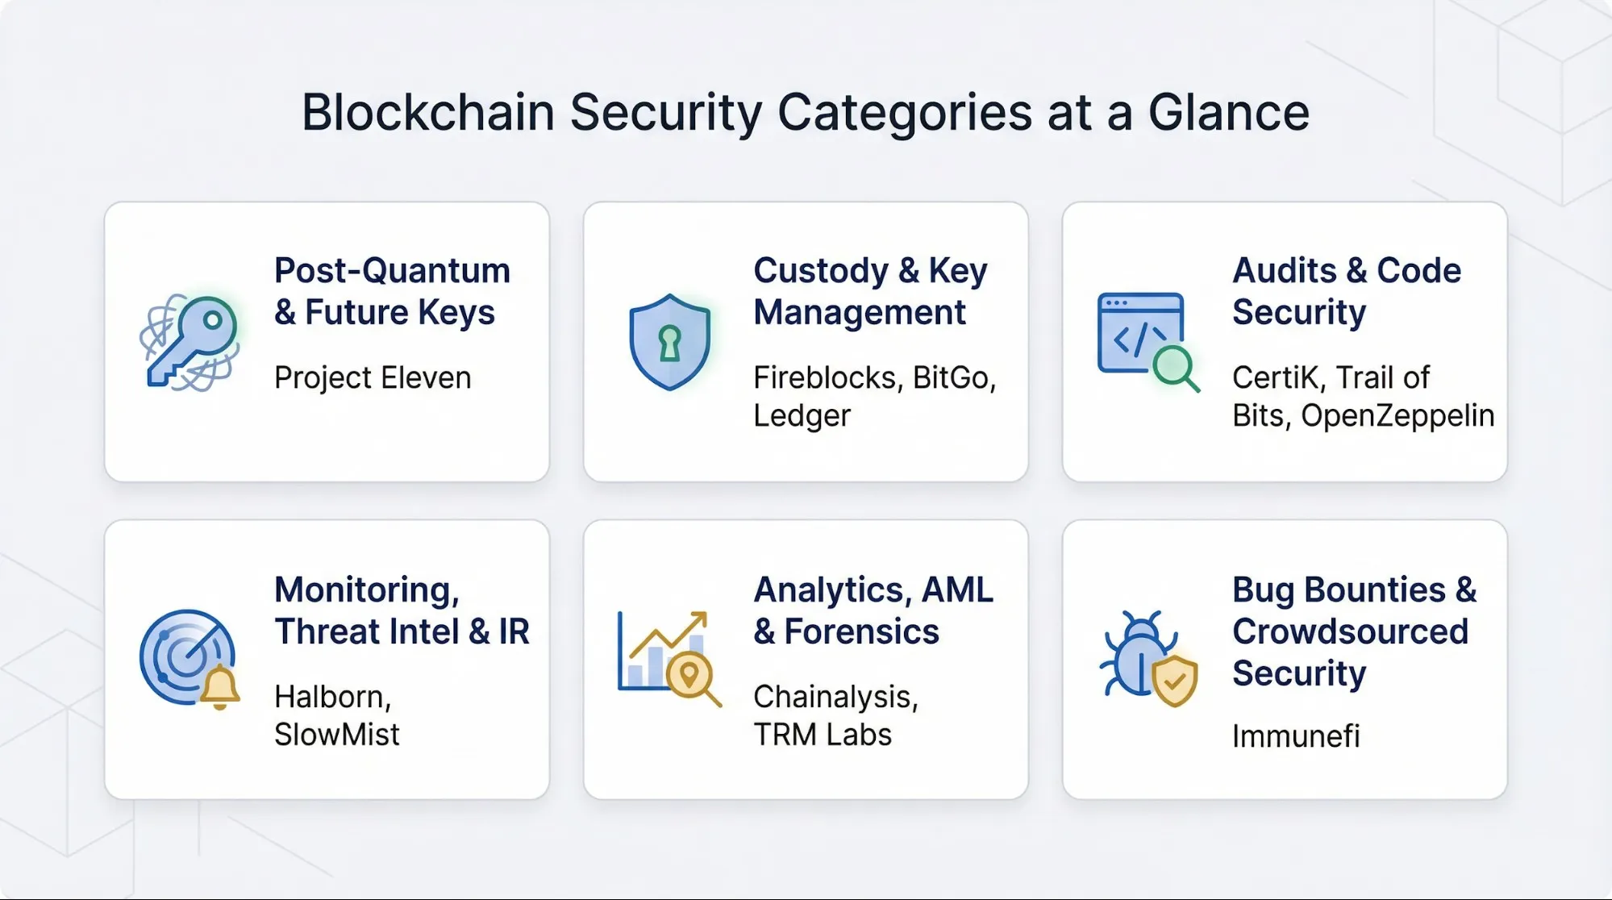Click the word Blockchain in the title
click(x=427, y=112)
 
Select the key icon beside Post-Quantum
click(x=190, y=341)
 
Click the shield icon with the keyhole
click(x=669, y=342)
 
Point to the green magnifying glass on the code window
click(x=1174, y=368)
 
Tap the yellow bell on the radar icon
click(x=219, y=687)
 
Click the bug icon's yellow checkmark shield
click(x=1174, y=681)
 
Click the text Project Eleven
click(x=373, y=377)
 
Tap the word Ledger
click(x=802, y=415)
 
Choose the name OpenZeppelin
click(x=1397, y=415)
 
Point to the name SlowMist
click(x=336, y=735)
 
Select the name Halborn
click(x=332, y=697)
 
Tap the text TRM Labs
click(x=823, y=735)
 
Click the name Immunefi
click(x=1296, y=735)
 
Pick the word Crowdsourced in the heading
click(x=1350, y=631)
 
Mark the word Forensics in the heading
click(x=861, y=631)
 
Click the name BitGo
click(x=954, y=377)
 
